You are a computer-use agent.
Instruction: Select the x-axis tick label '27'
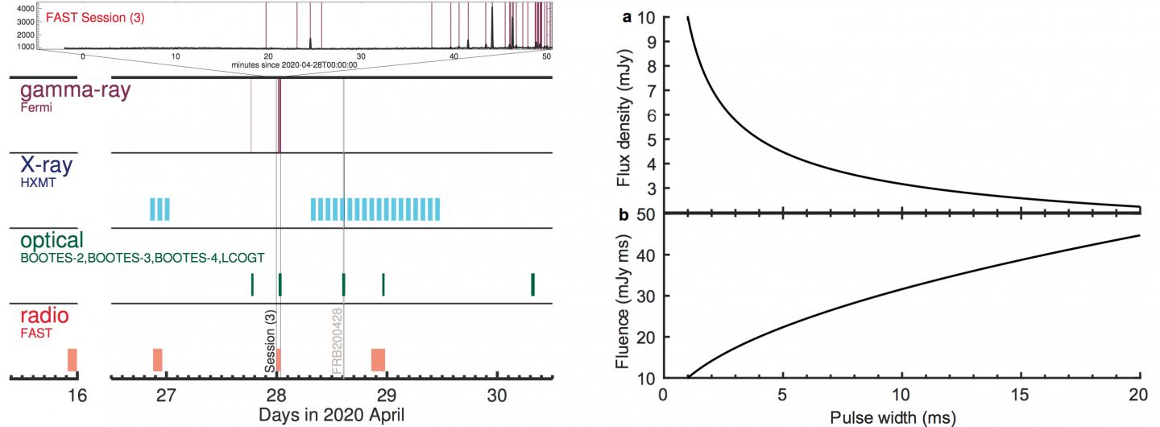166,396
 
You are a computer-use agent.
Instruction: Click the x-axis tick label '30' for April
497,396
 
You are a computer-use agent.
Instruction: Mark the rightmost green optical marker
532,284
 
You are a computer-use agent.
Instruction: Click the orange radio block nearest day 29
378,359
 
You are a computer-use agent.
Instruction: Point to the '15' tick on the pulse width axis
1021,396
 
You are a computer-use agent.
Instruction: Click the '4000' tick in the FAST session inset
25,7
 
